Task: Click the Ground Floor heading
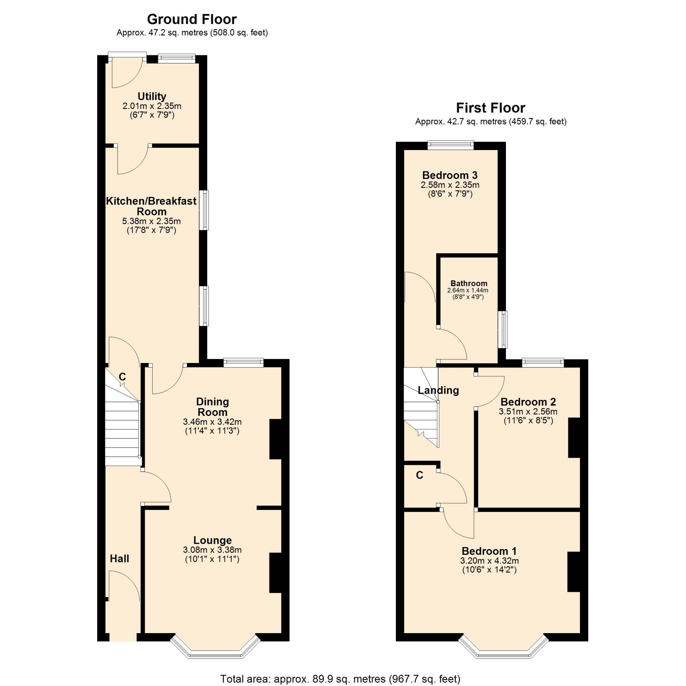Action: point(192,19)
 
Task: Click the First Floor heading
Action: point(491,108)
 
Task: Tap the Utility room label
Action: point(152,96)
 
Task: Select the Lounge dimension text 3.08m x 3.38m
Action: point(212,550)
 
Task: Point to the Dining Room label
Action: point(213,407)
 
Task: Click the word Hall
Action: point(119,558)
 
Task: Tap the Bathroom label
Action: point(469,283)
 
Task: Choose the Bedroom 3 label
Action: point(450,175)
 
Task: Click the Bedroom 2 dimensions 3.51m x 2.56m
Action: point(528,411)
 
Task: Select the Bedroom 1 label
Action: point(489,551)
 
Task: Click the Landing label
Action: point(438,390)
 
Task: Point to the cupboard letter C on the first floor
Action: point(420,475)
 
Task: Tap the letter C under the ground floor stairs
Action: point(122,377)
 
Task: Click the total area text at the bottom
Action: point(340,678)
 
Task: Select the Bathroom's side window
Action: point(503,329)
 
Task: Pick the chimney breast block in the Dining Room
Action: point(276,439)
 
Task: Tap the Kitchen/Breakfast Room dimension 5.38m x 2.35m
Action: point(151,221)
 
